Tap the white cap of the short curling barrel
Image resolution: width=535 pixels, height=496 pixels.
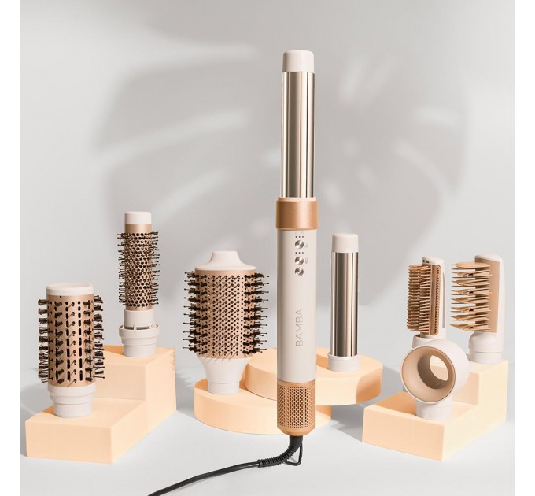click(x=345, y=242)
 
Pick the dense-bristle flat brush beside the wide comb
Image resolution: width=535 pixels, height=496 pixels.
click(x=425, y=299)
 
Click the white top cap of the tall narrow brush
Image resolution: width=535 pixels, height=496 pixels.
click(x=138, y=217)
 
